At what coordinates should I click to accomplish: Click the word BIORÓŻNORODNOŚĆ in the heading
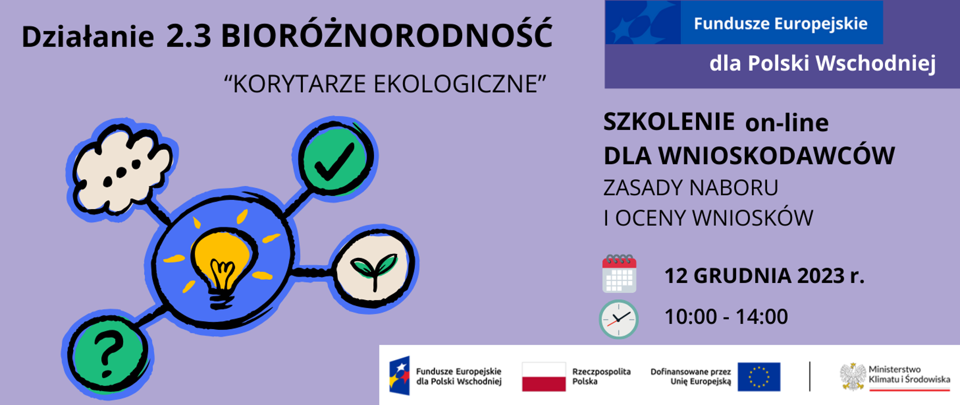click(x=386, y=36)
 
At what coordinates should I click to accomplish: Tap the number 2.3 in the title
click(x=188, y=36)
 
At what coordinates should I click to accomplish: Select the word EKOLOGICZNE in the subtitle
click(x=459, y=84)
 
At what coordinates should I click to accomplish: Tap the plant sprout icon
click(x=374, y=269)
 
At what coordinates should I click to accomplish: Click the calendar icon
click(x=619, y=274)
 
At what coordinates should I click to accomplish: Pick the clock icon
click(x=618, y=319)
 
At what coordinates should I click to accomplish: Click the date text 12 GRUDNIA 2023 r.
click(x=764, y=276)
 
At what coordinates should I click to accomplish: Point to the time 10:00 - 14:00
click(x=725, y=316)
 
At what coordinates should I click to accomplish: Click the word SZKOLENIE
click(x=668, y=122)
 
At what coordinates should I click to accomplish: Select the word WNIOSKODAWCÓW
click(x=776, y=155)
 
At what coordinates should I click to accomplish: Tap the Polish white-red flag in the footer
click(x=543, y=376)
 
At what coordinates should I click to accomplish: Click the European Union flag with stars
click(x=758, y=376)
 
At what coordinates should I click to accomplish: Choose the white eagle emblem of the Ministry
click(x=852, y=376)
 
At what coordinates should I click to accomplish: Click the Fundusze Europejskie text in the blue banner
click(x=780, y=23)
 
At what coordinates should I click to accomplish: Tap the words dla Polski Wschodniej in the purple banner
click(x=822, y=63)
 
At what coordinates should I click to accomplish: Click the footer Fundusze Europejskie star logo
click(x=399, y=375)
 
